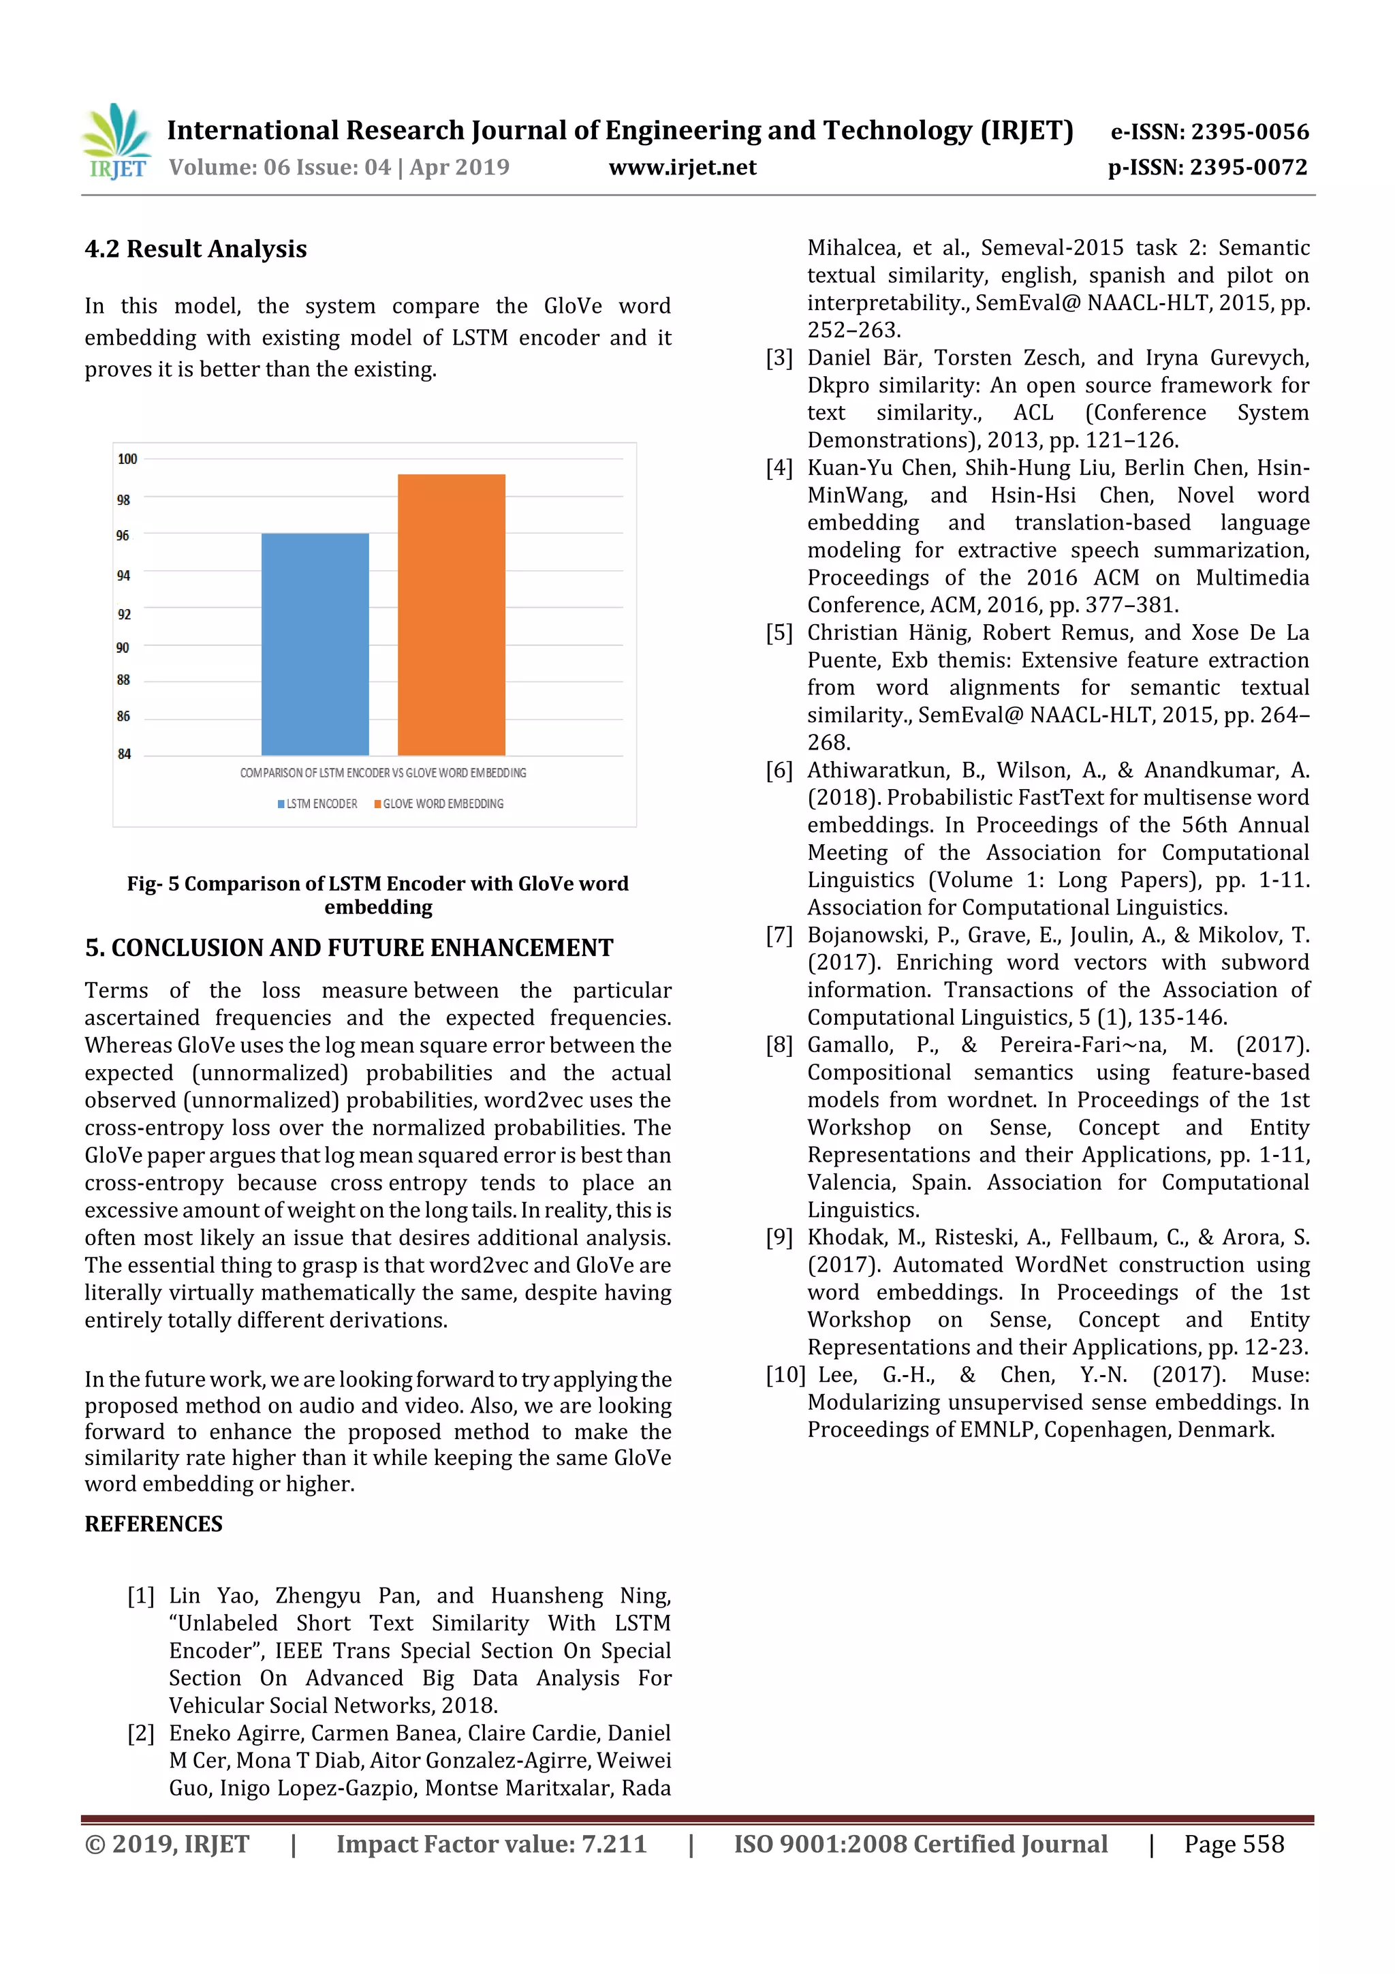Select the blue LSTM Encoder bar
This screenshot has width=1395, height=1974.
coord(315,644)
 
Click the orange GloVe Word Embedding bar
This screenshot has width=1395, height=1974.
coord(451,614)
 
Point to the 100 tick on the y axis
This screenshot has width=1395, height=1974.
coord(127,459)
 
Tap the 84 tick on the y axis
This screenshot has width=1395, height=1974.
coord(125,754)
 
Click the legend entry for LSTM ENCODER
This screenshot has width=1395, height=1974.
coord(317,804)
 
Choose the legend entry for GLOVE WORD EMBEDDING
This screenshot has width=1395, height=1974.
coord(439,804)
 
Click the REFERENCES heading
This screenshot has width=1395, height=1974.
coord(153,1524)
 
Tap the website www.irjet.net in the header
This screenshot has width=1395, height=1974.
coord(683,168)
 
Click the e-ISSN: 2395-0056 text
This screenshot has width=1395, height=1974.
coord(1209,132)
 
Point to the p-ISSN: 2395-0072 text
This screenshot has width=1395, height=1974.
coord(1208,168)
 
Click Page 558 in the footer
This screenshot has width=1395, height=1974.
coord(1234,1843)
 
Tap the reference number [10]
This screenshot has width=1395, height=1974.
coord(785,1375)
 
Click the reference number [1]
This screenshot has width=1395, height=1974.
coord(141,1597)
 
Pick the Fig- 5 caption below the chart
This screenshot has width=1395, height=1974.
coord(377,895)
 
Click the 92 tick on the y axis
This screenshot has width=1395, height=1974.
coord(125,614)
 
